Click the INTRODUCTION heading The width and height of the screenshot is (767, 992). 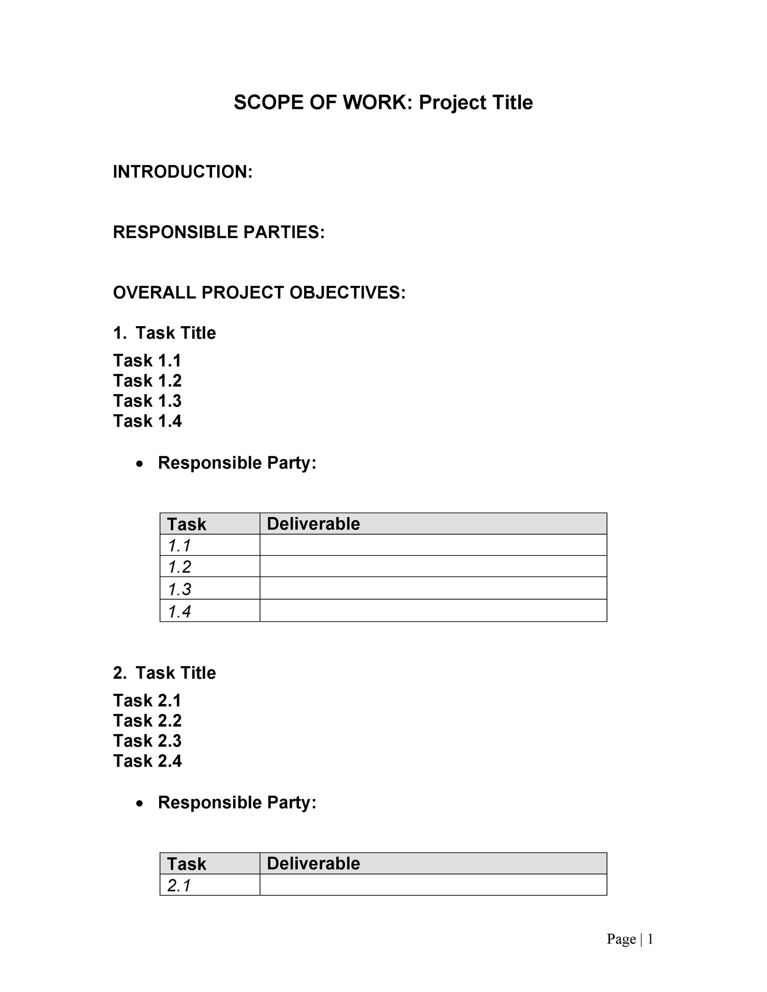[182, 172]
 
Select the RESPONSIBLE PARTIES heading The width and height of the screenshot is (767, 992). [219, 232]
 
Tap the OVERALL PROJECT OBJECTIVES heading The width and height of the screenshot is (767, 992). [259, 292]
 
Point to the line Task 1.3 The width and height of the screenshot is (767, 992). [147, 401]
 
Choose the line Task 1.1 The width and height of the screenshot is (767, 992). [147, 361]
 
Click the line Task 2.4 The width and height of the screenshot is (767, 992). [147, 761]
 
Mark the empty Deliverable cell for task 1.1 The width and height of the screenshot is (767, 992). [433, 545]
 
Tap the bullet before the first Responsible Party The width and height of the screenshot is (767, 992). [140, 464]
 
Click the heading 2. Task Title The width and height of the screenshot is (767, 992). [164, 673]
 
